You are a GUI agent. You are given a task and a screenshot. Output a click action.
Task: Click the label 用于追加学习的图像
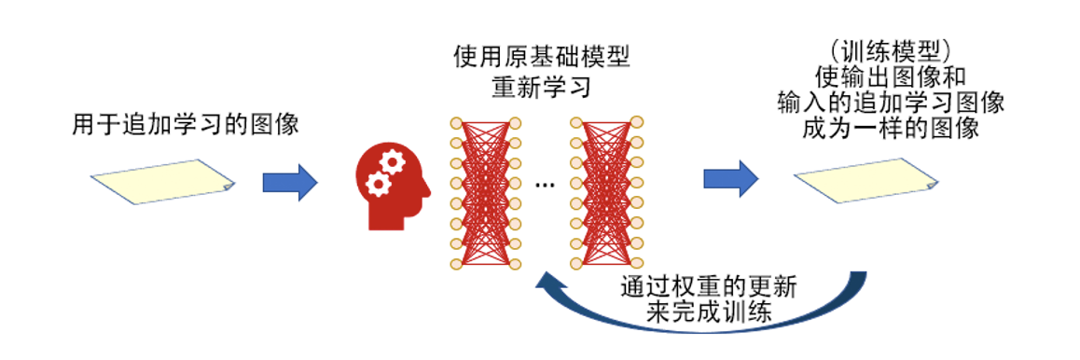click(185, 125)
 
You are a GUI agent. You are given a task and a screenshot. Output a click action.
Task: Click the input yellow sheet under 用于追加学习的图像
click(162, 181)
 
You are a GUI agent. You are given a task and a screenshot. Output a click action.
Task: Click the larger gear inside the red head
click(393, 164)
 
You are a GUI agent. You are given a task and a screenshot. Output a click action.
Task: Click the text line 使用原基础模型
click(542, 59)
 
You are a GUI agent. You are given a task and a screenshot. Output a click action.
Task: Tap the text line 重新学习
click(542, 88)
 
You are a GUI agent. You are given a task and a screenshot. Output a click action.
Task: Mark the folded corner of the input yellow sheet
click(228, 187)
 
